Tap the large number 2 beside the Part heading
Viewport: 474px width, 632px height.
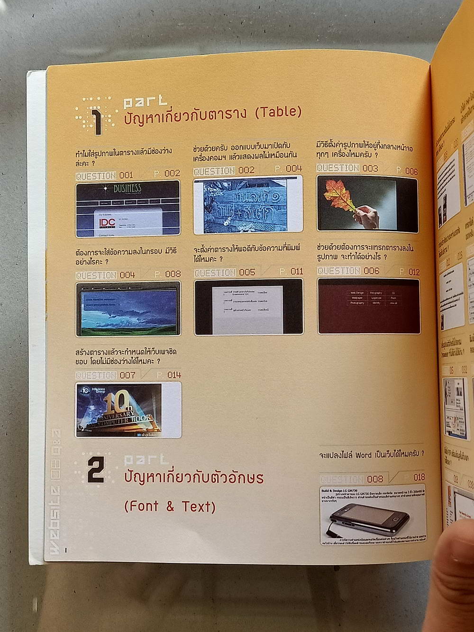[x=96, y=469]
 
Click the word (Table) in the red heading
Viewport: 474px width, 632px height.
[x=278, y=112]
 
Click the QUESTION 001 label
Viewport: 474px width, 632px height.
[x=104, y=175]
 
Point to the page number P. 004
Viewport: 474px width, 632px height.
[x=288, y=169]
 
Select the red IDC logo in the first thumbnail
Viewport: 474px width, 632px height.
[x=107, y=222]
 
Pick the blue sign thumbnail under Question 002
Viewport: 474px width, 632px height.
[x=248, y=204]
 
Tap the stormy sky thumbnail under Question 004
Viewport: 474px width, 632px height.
[x=128, y=308]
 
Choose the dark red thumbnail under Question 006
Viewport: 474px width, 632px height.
[x=368, y=306]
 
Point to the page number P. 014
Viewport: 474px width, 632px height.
[x=169, y=375]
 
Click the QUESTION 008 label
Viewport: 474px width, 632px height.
[x=351, y=478]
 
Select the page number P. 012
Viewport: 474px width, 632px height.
[x=409, y=272]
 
